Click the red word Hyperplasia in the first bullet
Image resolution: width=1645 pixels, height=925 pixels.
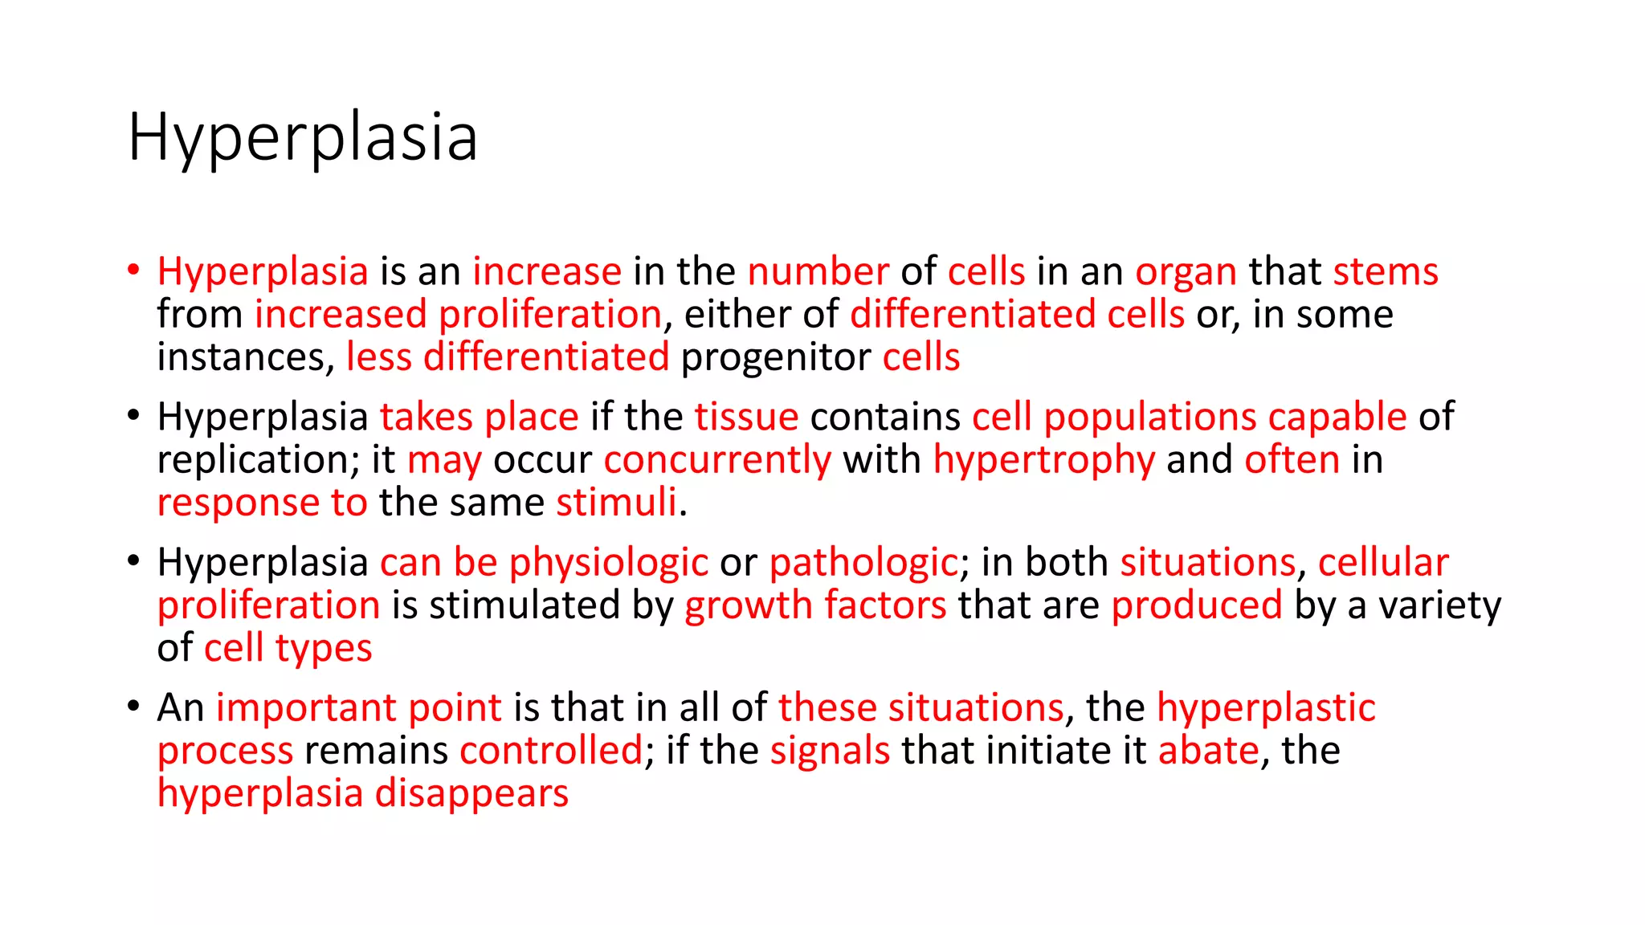pyautogui.click(x=263, y=272)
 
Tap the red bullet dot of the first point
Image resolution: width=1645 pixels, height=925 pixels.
pyautogui.click(x=133, y=269)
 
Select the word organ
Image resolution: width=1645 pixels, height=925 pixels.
pyautogui.click(x=1186, y=272)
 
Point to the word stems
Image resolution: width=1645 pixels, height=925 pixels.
pyautogui.click(x=1386, y=271)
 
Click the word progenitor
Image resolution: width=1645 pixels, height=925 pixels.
pyautogui.click(x=776, y=357)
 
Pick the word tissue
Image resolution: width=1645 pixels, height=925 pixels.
pyautogui.click(x=746, y=417)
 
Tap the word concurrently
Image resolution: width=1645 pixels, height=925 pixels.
pyautogui.click(x=717, y=460)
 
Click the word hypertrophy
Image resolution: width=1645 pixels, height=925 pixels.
pyautogui.click(x=1043, y=460)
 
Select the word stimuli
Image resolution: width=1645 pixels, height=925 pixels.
pyautogui.click(x=616, y=503)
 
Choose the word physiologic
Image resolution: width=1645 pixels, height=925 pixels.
pyautogui.click(x=608, y=563)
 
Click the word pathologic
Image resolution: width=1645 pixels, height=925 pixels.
pyautogui.click(x=863, y=562)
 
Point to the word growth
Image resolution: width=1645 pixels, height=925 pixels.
pyautogui.click(x=748, y=605)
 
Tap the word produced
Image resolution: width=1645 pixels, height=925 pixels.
pyautogui.click(x=1197, y=605)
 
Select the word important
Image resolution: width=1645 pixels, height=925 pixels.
pyautogui.click(x=306, y=708)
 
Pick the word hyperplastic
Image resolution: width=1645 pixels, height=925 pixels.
pyautogui.click(x=1266, y=708)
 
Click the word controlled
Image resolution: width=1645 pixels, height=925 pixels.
pyautogui.click(x=551, y=751)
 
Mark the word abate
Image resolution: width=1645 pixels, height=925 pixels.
pyautogui.click(x=1208, y=751)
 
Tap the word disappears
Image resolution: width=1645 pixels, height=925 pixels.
pyautogui.click(x=471, y=793)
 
